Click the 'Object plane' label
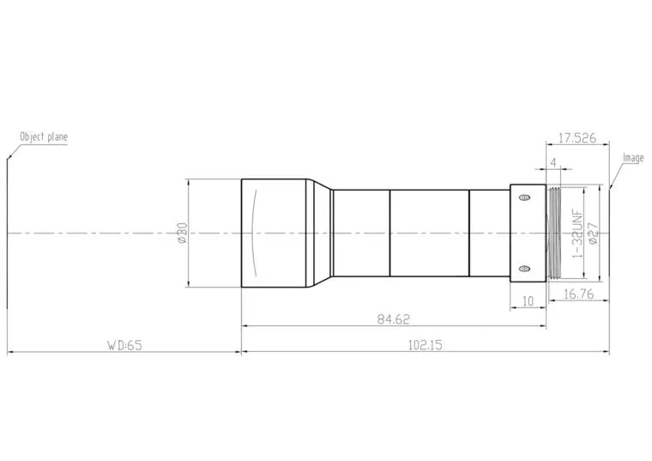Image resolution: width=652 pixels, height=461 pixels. pyautogui.click(x=44, y=136)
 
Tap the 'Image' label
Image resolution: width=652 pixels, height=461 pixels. pyautogui.click(x=633, y=158)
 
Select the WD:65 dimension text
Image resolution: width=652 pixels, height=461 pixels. pyautogui.click(x=124, y=345)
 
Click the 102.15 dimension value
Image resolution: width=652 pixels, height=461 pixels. pyautogui.click(x=426, y=345)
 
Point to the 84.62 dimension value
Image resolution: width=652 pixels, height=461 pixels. pyautogui.click(x=394, y=319)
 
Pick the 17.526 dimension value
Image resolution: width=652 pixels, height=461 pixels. pyautogui.click(x=577, y=137)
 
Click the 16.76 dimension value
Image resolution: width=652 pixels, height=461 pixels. pyautogui.click(x=579, y=294)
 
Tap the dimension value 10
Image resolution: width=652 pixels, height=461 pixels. pyautogui.click(x=528, y=300)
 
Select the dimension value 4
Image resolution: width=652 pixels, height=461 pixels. pyautogui.click(x=553, y=162)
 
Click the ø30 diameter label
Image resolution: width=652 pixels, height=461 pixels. pyautogui.click(x=182, y=233)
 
